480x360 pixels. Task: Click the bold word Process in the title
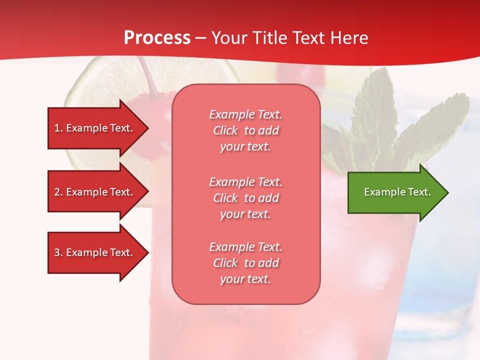pos(157,38)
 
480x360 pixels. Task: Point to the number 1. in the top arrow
pos(58,128)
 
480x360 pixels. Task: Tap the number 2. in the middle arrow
pos(58,192)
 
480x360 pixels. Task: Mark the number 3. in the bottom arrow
pos(58,252)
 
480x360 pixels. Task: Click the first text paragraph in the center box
pos(245,130)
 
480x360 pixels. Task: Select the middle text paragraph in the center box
pos(245,198)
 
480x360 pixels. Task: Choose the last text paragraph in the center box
pos(245,263)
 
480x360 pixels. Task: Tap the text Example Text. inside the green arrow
pos(397,192)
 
